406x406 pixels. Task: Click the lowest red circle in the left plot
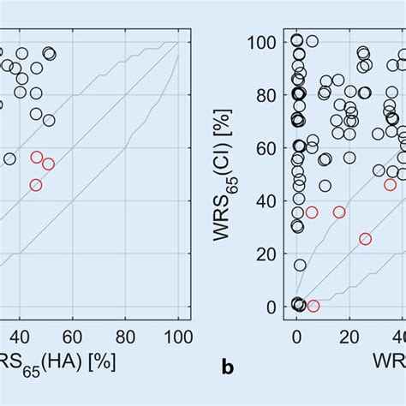pyautogui.click(x=36, y=185)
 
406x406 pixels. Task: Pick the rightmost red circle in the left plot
pyautogui.click(x=48, y=164)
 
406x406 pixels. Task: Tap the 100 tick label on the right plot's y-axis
pyautogui.click(x=266, y=41)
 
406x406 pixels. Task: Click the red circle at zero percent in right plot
pyautogui.click(x=313, y=306)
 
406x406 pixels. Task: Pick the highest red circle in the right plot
pyautogui.click(x=391, y=184)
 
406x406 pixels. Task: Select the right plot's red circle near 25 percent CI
pyautogui.click(x=366, y=239)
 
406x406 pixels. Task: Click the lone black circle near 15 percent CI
pyautogui.click(x=300, y=266)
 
